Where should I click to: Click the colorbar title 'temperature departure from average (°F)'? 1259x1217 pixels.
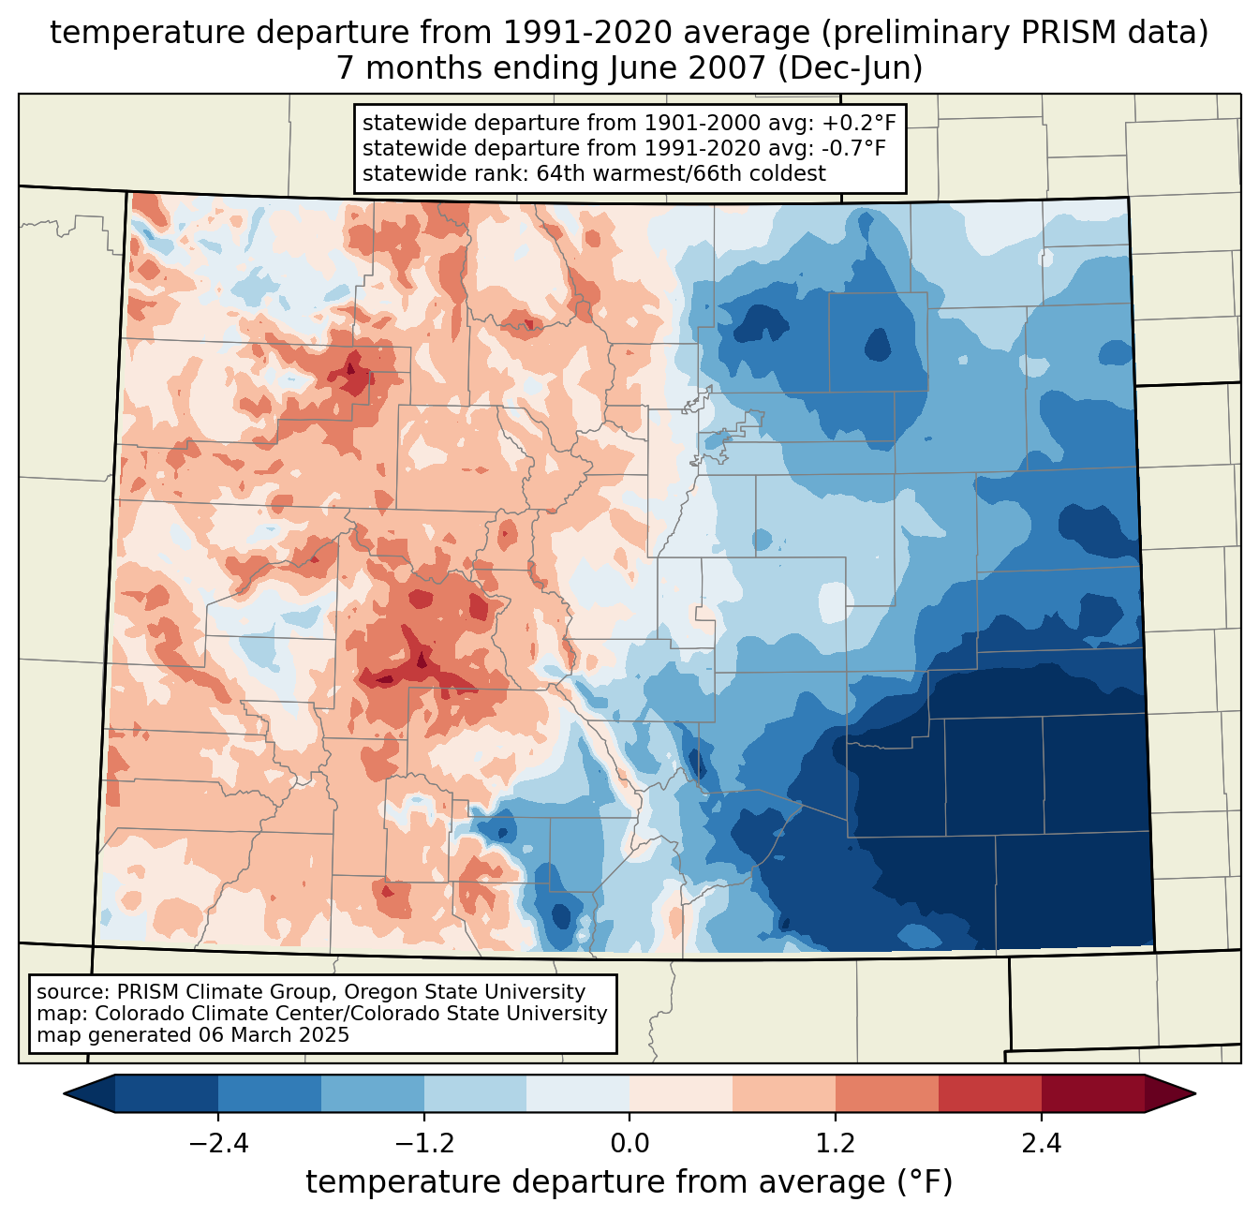[x=629, y=1182]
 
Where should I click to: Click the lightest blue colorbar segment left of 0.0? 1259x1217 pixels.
[x=578, y=1093]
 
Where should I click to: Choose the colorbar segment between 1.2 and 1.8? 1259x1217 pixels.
[x=886, y=1093]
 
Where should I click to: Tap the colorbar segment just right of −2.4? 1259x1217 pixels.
[x=270, y=1093]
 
